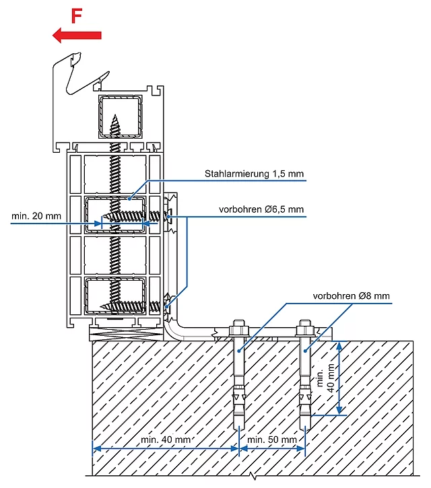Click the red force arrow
(77, 34)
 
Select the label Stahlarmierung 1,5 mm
(255, 174)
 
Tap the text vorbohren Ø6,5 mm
(261, 210)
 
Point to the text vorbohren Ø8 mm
(351, 295)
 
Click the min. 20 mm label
(36, 216)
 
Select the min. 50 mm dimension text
(272, 440)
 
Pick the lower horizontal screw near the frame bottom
(131, 306)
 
